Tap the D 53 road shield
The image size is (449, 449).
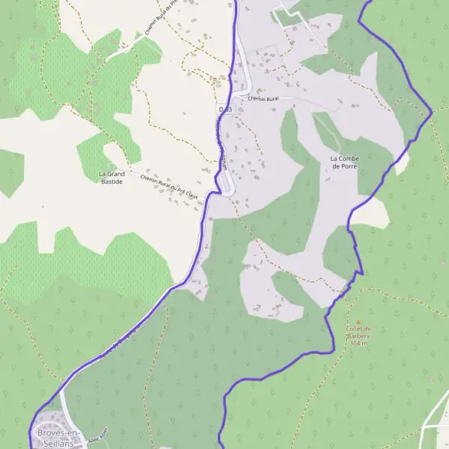225,109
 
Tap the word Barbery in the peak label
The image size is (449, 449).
358,336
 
